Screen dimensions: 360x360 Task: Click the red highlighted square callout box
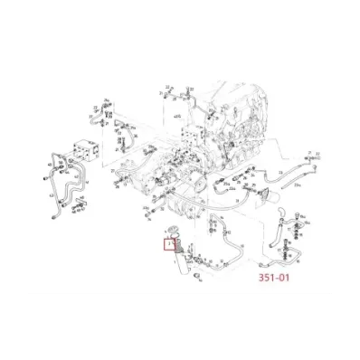[168, 243]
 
